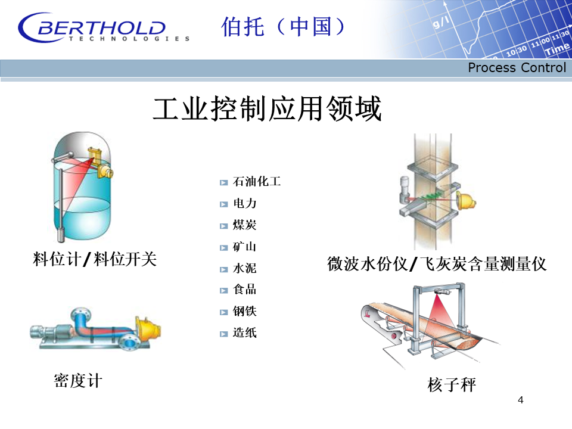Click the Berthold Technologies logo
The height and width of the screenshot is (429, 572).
click(x=103, y=28)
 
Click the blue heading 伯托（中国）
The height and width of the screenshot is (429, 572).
click(x=282, y=27)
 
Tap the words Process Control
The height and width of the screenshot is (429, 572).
click(x=517, y=67)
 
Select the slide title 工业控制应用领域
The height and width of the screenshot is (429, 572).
click(x=267, y=108)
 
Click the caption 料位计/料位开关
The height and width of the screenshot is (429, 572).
click(x=95, y=259)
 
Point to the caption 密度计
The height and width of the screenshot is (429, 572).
click(x=78, y=381)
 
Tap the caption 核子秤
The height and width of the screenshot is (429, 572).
click(x=452, y=385)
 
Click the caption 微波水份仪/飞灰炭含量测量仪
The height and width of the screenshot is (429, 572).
click(x=437, y=264)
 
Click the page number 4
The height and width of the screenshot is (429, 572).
click(x=521, y=400)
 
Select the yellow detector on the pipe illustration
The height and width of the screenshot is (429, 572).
click(x=148, y=328)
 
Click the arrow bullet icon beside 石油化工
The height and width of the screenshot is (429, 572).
click(x=223, y=182)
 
